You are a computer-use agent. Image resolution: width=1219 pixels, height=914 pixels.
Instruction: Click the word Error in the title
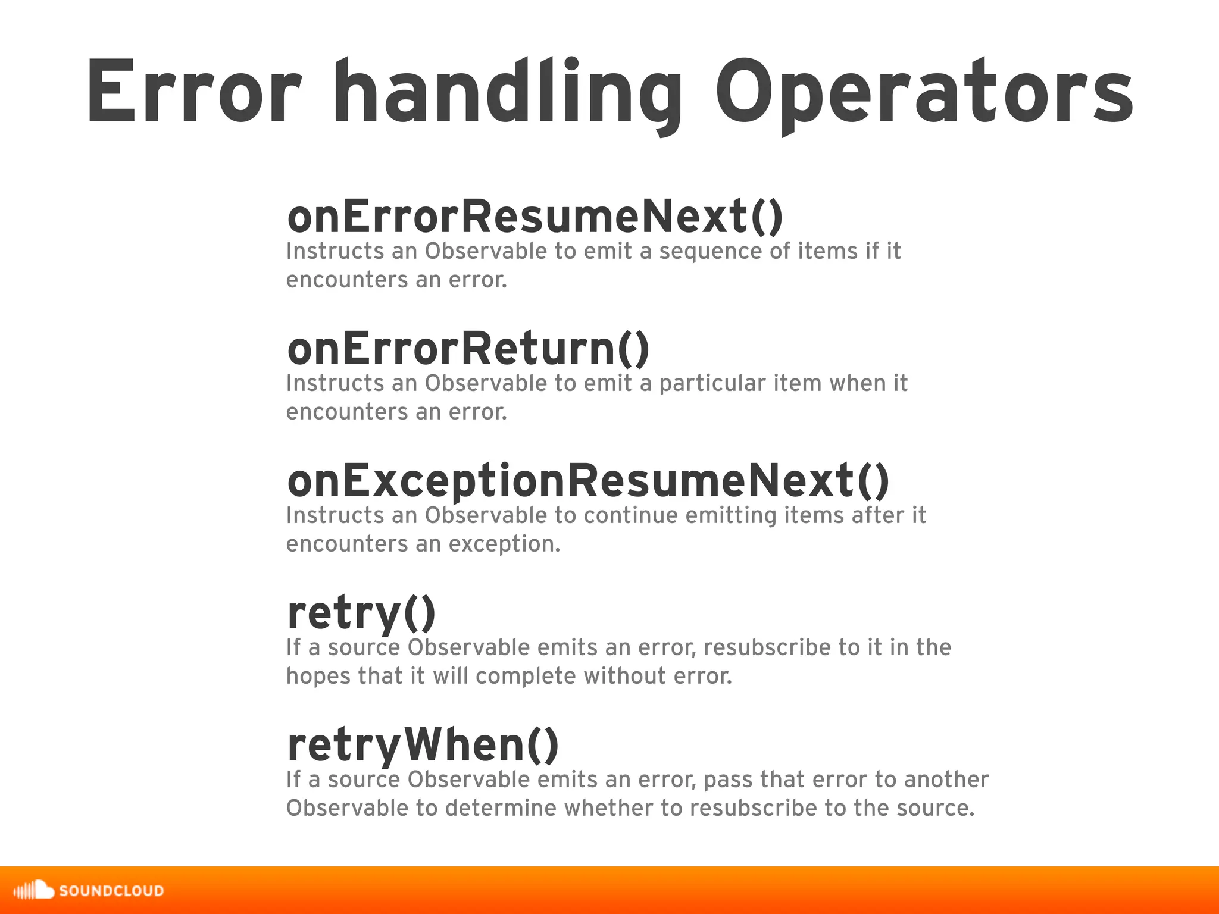click(x=194, y=93)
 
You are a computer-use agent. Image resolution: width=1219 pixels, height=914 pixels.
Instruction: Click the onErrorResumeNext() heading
click(x=535, y=217)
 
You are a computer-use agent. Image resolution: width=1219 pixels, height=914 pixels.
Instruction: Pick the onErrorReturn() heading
click(x=468, y=349)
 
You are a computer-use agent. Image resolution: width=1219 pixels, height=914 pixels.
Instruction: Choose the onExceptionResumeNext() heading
click(x=588, y=481)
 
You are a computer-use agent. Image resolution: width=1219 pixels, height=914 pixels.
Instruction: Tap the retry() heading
click(x=361, y=614)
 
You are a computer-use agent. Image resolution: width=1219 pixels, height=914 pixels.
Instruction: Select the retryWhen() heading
click(x=423, y=746)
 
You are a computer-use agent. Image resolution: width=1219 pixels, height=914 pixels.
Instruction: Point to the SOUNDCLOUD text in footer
click(x=111, y=891)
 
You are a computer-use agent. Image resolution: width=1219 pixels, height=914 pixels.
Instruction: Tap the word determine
click(x=500, y=808)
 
